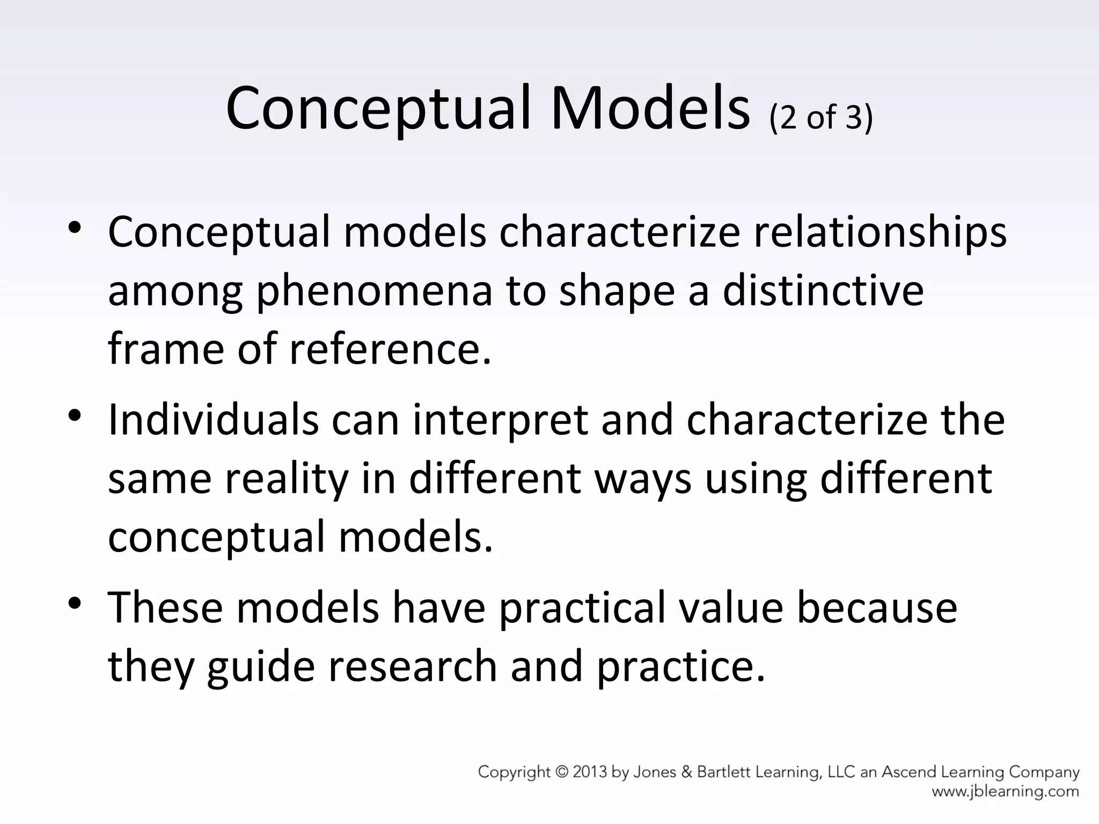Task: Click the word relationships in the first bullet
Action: (x=880, y=233)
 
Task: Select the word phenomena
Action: (x=374, y=292)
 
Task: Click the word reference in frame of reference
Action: (x=390, y=349)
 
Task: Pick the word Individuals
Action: (x=213, y=420)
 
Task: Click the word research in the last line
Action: (x=413, y=666)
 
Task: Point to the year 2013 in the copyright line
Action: (x=590, y=772)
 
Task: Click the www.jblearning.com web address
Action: (x=1005, y=791)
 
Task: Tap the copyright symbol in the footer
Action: (x=561, y=772)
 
